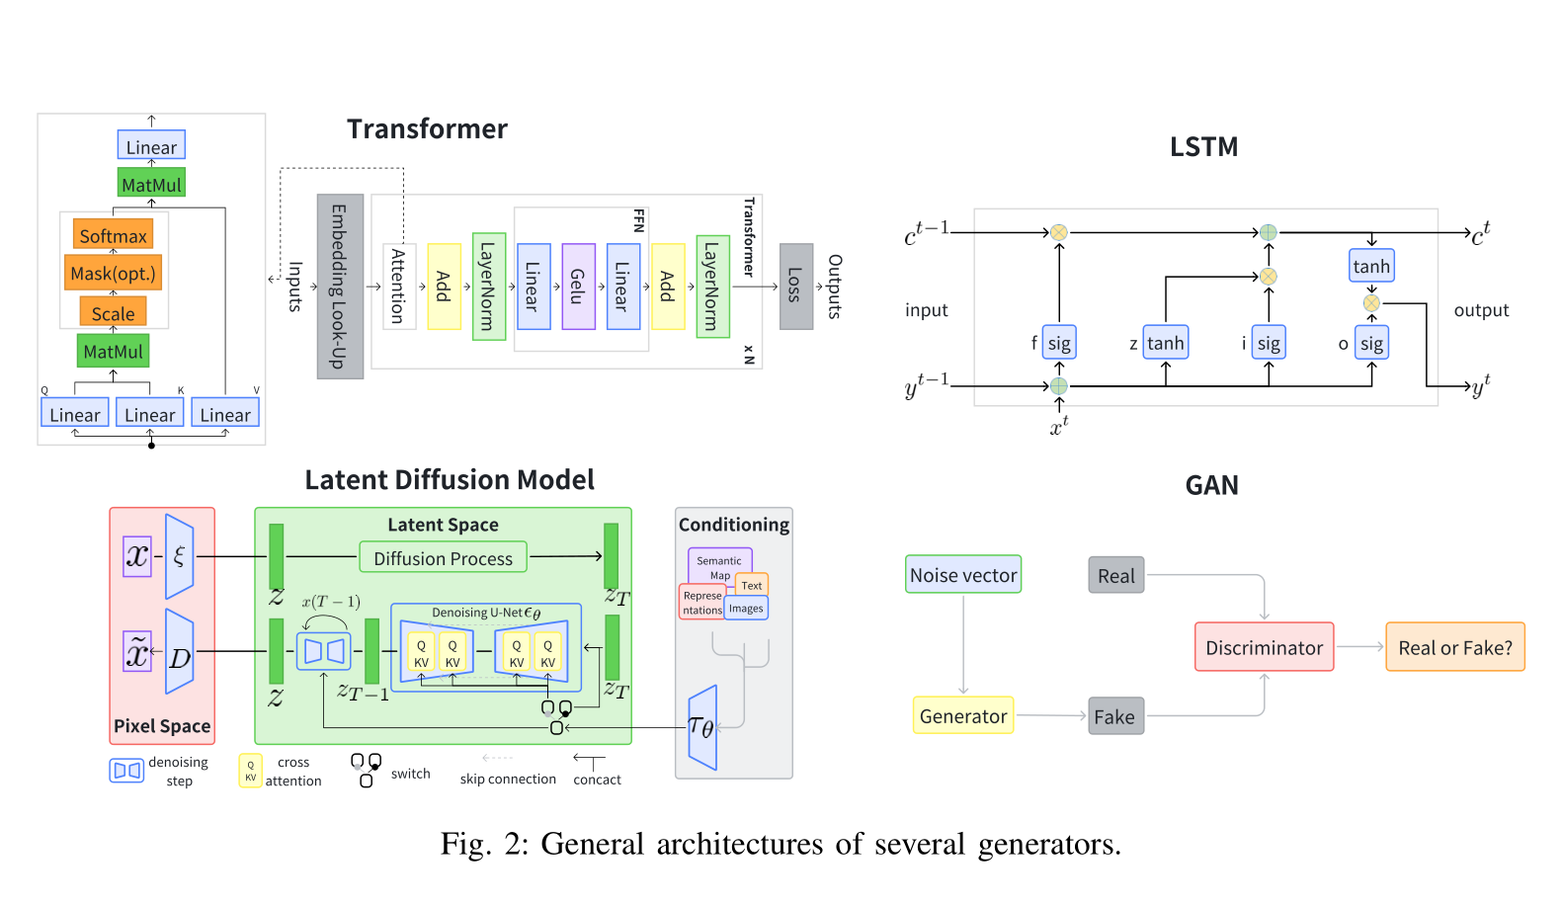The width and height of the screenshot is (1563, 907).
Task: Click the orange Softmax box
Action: [113, 235]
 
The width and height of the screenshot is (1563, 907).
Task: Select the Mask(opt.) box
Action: [113, 274]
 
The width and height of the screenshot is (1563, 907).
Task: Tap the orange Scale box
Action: [113, 313]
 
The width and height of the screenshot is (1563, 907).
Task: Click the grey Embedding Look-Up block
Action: [340, 287]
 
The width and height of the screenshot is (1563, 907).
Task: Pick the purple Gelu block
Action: [578, 287]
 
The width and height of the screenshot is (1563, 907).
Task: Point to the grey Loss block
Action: [795, 287]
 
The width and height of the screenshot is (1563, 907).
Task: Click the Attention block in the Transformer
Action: [398, 287]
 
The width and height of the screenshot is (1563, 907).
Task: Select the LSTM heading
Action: [1203, 147]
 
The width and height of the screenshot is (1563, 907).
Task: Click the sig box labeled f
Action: [1059, 343]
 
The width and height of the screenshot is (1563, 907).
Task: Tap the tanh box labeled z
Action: [1165, 343]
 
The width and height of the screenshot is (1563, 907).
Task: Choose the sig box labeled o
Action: [1371, 343]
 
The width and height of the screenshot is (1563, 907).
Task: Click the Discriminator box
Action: [1264, 647]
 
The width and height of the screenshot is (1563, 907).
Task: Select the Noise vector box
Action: [963, 575]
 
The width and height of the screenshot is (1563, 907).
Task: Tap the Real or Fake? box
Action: [1454, 647]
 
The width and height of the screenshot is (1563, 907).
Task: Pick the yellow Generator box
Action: [963, 716]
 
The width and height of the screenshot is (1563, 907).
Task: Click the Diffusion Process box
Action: [443, 558]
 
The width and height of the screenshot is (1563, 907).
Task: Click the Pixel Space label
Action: [162, 726]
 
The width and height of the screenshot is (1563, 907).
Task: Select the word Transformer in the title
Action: [427, 129]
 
